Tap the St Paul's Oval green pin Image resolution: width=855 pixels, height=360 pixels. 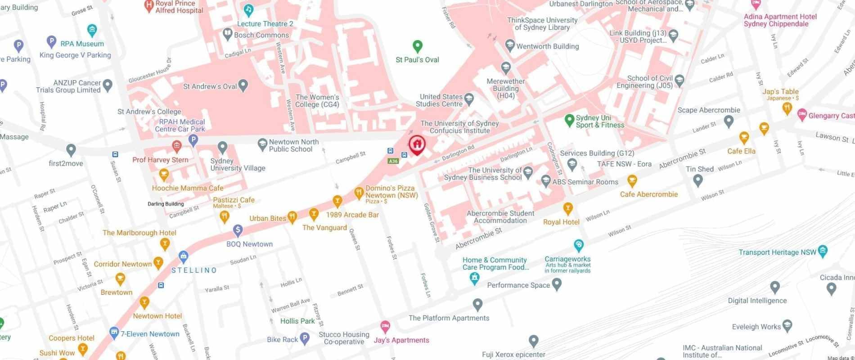417,46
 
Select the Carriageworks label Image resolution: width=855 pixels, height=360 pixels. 567,259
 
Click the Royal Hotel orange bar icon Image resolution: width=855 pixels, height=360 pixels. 568,208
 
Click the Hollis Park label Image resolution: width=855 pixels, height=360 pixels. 297,321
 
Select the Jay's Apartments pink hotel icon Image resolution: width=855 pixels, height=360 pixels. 385,326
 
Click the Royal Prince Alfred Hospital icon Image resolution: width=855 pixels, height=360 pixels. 148,5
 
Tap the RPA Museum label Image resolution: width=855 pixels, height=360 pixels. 82,44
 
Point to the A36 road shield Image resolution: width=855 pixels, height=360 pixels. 393,161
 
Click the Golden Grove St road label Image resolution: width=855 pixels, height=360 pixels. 432,223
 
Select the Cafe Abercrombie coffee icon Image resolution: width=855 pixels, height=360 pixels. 632,182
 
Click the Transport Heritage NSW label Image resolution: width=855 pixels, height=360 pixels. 777,252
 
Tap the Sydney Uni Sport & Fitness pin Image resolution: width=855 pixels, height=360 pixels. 569,120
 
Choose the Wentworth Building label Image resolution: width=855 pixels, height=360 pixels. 547,46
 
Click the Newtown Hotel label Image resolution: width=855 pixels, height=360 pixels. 157,316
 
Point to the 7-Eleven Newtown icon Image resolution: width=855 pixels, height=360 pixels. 114,333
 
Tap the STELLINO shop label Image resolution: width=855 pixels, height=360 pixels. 194,270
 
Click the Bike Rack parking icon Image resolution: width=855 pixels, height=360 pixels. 305,339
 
